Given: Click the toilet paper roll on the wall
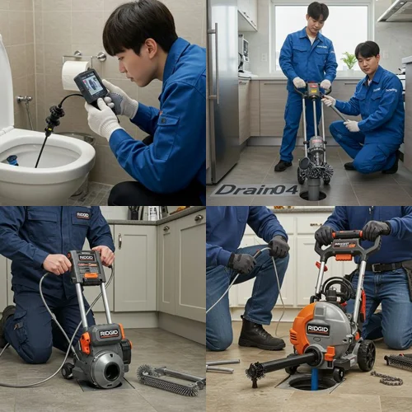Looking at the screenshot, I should [75, 74].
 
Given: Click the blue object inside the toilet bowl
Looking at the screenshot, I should [12, 161].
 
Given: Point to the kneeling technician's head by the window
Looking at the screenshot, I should [367, 54].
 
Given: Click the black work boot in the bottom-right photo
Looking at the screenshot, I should [260, 335].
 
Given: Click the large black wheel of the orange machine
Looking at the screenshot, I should [365, 355].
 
